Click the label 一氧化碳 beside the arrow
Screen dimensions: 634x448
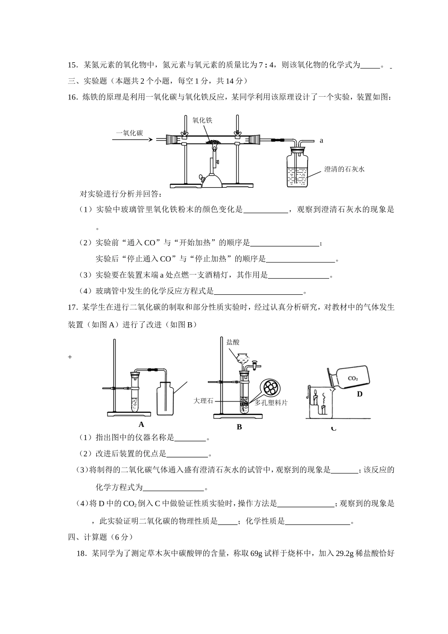coord(130,133)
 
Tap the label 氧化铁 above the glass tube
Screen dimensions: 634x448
coord(202,120)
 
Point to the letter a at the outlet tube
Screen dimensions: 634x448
coord(322,140)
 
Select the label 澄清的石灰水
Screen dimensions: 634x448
coord(344,169)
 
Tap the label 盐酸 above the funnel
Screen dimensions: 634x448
coord(233,342)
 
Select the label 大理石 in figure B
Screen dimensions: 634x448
coord(203,400)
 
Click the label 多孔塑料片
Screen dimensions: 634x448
coord(271,402)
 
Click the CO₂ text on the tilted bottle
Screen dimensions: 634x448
coord(353,378)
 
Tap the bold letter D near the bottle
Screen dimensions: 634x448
coord(359,394)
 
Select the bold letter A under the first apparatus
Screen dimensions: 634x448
coord(141,424)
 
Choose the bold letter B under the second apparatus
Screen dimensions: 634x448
coord(239,427)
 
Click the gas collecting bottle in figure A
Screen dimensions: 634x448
coord(165,398)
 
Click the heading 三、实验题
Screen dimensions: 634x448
coord(88,81)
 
